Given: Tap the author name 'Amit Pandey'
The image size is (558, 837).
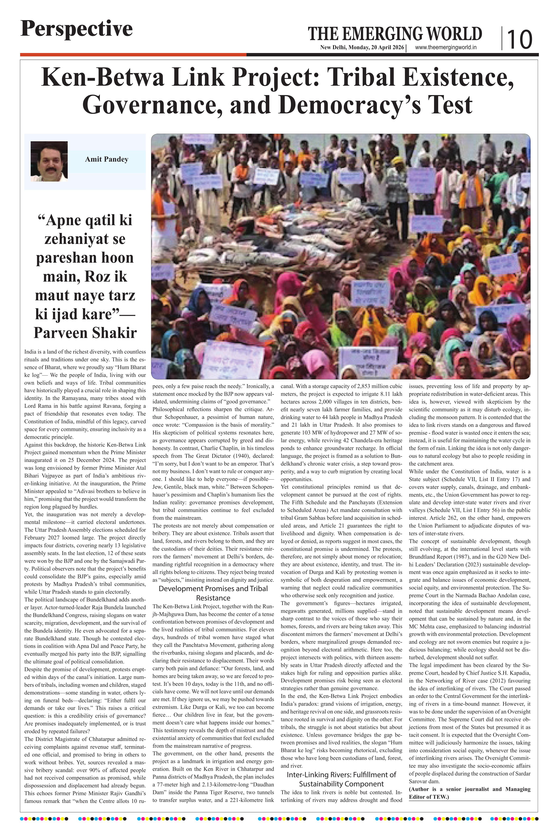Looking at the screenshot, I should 106,159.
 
